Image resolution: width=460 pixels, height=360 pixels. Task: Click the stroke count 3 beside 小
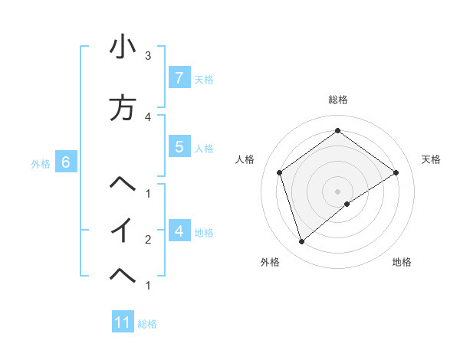(x=148, y=56)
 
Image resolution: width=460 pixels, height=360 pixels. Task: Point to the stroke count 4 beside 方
(x=148, y=116)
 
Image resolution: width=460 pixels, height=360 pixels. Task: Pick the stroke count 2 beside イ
(x=148, y=240)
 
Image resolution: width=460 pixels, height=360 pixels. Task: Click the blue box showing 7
(x=179, y=77)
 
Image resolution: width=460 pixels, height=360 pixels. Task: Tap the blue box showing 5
(x=179, y=147)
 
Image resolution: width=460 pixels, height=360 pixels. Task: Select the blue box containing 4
(x=179, y=231)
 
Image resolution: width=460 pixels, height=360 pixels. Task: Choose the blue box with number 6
(x=66, y=162)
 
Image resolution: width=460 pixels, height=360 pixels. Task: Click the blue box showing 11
(x=123, y=322)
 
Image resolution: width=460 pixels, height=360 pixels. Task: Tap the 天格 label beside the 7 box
(x=203, y=79)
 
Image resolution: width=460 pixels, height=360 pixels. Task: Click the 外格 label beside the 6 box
(x=41, y=163)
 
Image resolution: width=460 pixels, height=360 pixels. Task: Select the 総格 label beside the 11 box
(x=147, y=324)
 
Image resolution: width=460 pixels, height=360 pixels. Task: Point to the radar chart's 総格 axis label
(x=338, y=100)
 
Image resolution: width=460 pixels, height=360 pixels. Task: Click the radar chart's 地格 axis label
(x=402, y=262)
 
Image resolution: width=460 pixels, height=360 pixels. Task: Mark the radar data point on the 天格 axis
(x=396, y=172)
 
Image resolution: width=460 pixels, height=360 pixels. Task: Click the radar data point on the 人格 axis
(x=280, y=172)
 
